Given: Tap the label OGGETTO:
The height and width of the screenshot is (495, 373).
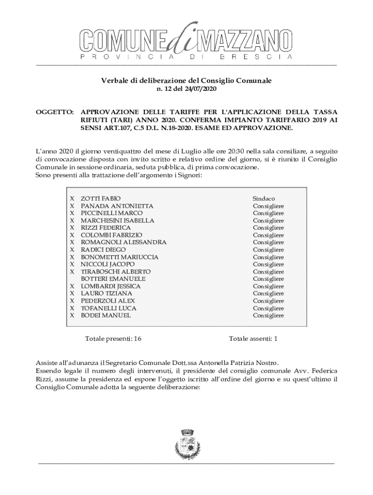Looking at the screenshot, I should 55,112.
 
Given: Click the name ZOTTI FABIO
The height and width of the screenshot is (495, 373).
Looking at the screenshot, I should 101,199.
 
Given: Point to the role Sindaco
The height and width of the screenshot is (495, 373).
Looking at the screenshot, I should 264,199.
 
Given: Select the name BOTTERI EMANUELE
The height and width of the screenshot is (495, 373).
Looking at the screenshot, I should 113,279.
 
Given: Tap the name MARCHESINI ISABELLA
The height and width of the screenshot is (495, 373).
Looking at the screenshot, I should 117,220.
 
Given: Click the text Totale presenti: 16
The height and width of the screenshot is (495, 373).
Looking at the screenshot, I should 113,339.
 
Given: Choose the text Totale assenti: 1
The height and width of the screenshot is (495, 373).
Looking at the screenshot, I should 253,339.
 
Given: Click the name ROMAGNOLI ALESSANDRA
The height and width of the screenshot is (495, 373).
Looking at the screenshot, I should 123,242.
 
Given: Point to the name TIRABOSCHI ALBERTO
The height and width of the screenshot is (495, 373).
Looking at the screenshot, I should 115,272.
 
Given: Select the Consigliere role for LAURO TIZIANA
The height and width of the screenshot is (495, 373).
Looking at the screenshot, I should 268,293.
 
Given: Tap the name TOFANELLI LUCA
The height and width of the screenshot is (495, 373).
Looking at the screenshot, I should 108,308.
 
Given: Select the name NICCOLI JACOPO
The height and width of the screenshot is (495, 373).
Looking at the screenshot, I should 108,264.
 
